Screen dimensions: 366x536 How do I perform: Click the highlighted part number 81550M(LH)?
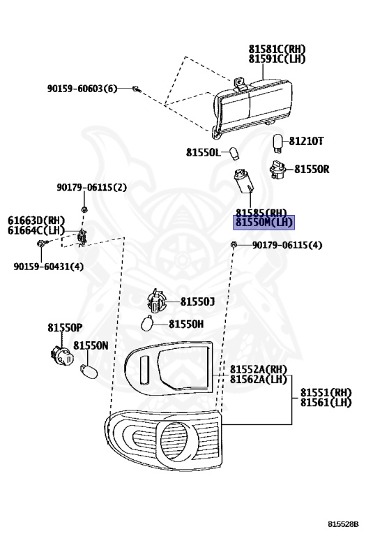coord(264,223)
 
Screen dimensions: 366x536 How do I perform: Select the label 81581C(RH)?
coord(277,50)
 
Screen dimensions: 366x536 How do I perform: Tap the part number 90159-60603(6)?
coord(82,89)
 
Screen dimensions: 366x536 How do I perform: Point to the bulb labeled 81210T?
coord(279,142)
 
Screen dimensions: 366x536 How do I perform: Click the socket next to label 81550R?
coord(277,170)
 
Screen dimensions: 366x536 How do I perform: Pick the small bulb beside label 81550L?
coord(233,153)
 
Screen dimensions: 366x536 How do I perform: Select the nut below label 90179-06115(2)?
coord(84,209)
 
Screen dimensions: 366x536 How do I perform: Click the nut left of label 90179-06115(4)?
coord(234,245)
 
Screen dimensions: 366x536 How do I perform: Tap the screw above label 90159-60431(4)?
coord(42,244)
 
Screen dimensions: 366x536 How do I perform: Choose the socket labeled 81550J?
coord(156,301)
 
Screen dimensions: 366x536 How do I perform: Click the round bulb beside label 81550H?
coord(147,323)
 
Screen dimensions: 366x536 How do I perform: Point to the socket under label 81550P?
coord(61,355)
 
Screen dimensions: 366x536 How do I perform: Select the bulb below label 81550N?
coord(89,371)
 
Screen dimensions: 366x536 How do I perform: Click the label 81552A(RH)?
coord(259,369)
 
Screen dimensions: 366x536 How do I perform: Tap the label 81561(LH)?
coord(326,402)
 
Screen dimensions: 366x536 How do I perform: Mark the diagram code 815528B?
coord(344,524)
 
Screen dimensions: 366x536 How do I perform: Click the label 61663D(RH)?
coord(36,221)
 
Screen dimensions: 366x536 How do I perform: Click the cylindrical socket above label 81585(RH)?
coord(244,182)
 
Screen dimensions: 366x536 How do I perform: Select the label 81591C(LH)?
coord(277,59)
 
